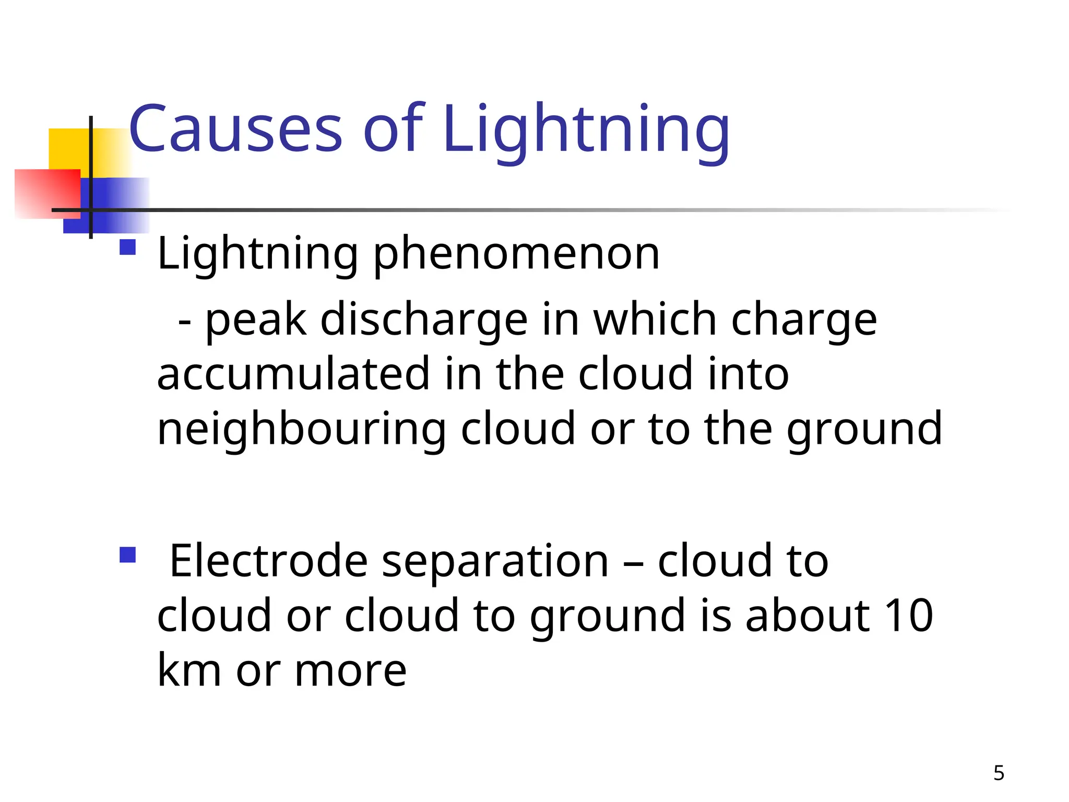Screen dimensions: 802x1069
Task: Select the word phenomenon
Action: (x=517, y=254)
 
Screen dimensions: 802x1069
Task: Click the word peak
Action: (x=256, y=321)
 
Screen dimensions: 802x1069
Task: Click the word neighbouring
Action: (x=301, y=430)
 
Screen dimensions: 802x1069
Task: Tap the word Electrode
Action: (x=269, y=561)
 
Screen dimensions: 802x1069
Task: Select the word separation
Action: (x=495, y=562)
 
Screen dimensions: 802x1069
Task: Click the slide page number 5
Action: (x=999, y=773)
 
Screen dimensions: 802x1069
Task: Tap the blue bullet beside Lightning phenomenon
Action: (x=128, y=246)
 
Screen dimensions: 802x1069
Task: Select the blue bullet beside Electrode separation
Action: (x=128, y=555)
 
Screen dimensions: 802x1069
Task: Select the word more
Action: (x=350, y=671)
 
